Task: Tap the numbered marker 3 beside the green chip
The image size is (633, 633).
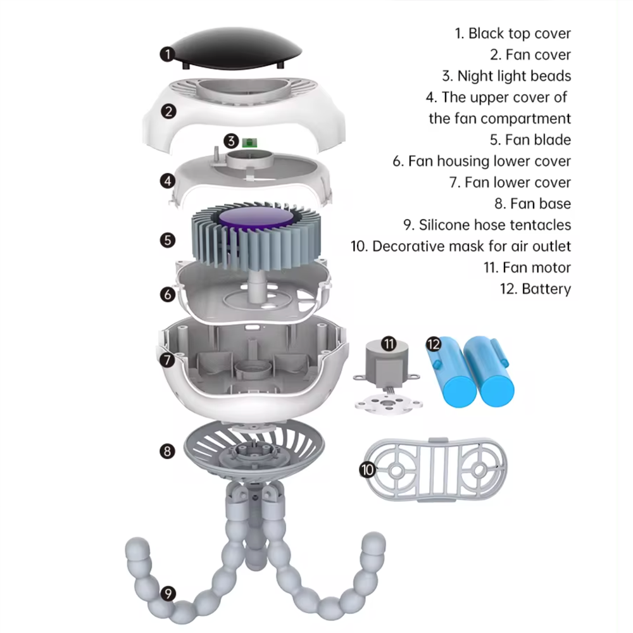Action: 231,141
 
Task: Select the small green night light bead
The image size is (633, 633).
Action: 250,142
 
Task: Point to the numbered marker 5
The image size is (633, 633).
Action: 168,240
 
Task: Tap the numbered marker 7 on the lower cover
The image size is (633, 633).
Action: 168,360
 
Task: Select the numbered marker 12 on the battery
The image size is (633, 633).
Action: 434,344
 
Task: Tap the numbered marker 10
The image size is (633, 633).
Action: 367,470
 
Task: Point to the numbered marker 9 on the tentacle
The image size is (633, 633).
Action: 168,594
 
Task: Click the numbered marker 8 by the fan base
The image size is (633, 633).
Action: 168,451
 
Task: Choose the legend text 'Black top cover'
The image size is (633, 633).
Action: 513,34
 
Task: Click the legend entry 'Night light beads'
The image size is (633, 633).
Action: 506,76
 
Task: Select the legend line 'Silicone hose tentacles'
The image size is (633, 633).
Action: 487,225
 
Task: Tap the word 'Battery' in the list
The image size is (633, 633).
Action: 546,289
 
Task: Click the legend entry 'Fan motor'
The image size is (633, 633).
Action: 528,268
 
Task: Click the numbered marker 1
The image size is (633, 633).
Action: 168,54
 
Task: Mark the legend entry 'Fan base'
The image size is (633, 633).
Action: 533,204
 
